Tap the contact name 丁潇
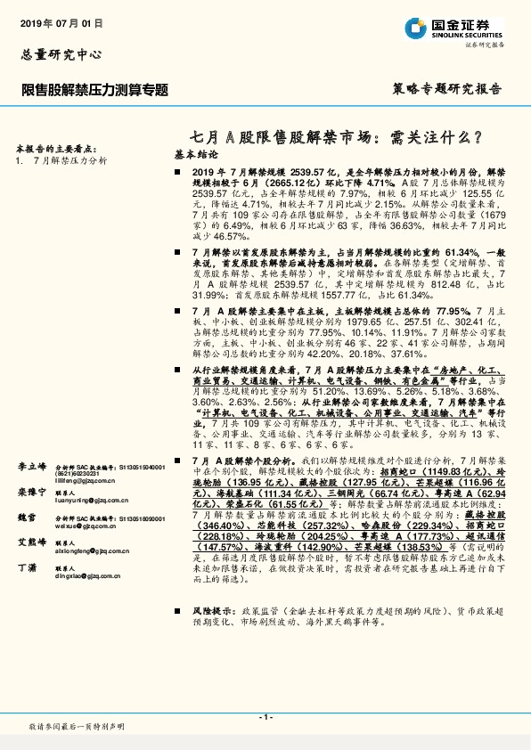[27, 567]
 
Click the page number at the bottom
[265, 716]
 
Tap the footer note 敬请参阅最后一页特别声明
[77, 728]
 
